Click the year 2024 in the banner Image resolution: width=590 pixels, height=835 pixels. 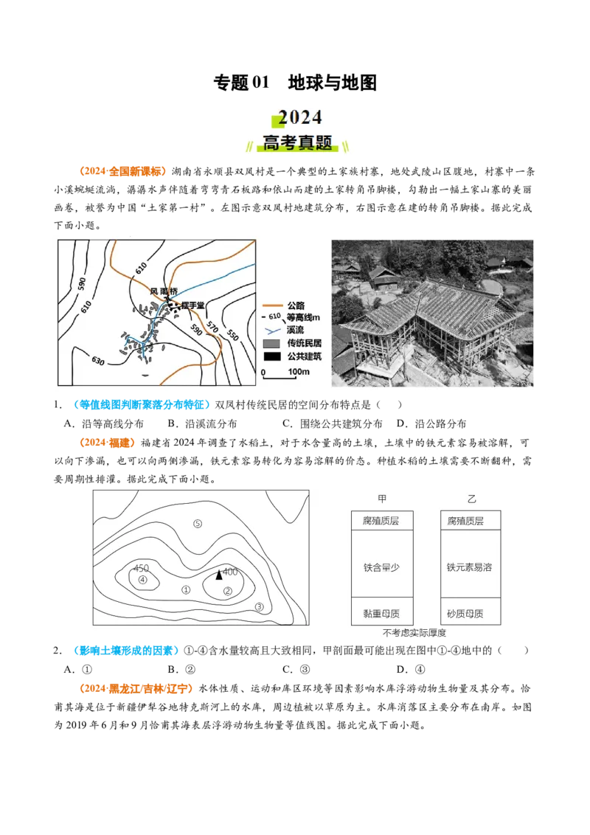pos(299,118)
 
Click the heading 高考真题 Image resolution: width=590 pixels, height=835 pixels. pos(298,143)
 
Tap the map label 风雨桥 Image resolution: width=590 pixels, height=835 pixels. pos(164,291)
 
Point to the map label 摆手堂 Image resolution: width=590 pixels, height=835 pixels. pos(192,305)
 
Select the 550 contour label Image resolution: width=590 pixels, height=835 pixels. pos(233,334)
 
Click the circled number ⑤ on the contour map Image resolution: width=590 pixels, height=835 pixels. pos(198,524)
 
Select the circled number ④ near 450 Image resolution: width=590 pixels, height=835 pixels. pos(143,580)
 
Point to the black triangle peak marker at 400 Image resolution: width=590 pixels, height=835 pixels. pos(218,575)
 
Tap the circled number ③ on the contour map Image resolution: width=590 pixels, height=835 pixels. pos(259,607)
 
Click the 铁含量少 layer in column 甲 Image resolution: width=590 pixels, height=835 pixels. pos(382,568)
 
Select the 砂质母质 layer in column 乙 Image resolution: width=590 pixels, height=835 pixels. pos(470,612)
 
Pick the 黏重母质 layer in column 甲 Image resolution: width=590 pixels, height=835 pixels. pos(382,612)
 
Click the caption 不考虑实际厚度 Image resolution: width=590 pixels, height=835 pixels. pos(414,633)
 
